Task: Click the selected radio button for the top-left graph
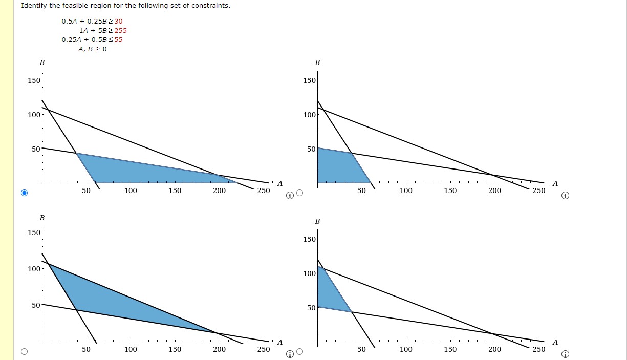[24, 193]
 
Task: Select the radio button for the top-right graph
[300, 193]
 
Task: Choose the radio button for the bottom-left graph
[24, 352]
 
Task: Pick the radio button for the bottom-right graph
[300, 352]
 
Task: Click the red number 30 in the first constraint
[118, 21]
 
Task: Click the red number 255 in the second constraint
[121, 30]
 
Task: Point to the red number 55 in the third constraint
[118, 39]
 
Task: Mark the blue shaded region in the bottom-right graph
[330, 294]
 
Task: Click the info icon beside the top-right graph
[565, 196]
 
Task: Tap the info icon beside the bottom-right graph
[565, 354]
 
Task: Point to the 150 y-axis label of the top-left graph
[34, 80]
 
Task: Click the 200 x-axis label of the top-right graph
[494, 190]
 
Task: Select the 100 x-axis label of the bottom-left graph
[131, 349]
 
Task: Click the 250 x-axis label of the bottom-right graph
[539, 349]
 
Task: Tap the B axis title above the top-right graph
[317, 62]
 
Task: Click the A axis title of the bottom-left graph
[279, 342]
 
